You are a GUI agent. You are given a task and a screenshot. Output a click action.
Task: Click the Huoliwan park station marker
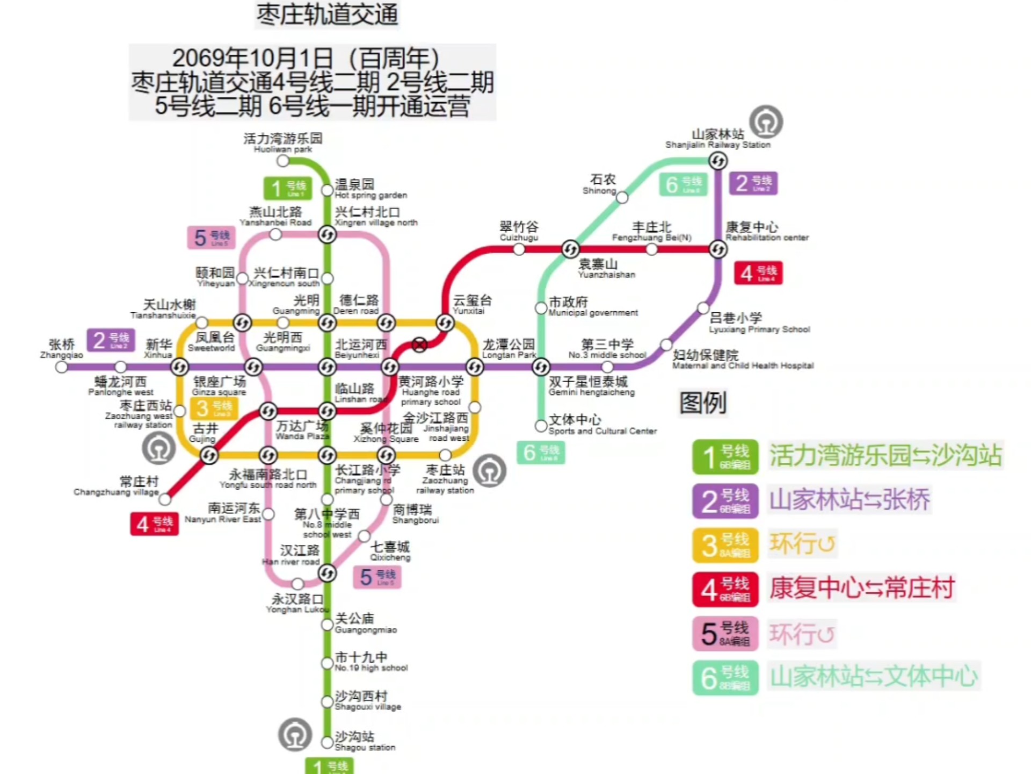coord(283,161)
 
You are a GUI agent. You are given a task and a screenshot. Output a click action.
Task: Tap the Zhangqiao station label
coord(61,349)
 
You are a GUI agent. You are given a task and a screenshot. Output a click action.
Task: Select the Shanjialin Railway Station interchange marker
coord(717,160)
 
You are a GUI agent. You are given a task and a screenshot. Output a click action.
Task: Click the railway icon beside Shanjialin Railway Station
coord(766,122)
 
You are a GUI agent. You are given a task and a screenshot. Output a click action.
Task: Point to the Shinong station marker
coord(622,197)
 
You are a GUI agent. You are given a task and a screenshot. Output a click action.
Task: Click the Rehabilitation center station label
coord(766,232)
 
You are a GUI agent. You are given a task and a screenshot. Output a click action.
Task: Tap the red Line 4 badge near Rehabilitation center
coord(758,273)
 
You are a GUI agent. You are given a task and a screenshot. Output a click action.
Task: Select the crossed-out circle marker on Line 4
coord(419,345)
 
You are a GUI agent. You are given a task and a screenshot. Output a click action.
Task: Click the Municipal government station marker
coord(541,308)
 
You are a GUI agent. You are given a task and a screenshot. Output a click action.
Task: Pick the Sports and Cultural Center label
coord(601,425)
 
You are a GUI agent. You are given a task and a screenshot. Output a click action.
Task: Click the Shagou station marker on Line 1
coord(327,742)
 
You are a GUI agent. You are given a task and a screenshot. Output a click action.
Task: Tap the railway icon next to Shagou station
coord(295,734)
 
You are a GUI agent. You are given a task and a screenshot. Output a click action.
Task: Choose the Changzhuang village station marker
coord(165,499)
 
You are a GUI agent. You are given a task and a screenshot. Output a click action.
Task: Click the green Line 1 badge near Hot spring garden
coord(287,188)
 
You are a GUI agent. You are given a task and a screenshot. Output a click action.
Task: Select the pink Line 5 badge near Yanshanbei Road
coord(211,238)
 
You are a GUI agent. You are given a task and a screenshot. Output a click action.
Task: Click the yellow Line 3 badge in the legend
coord(725,545)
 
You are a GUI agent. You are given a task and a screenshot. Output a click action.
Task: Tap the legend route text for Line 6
coord(873,676)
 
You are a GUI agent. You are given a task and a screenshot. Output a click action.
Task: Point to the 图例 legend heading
coord(702,403)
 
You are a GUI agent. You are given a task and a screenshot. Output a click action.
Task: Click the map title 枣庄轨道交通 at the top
coord(327,15)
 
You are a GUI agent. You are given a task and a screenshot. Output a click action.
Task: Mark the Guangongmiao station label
coord(365,623)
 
